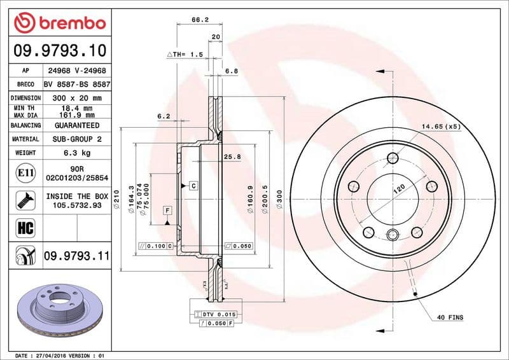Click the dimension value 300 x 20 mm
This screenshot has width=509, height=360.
(x=77, y=98)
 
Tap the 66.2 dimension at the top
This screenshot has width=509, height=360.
(x=200, y=20)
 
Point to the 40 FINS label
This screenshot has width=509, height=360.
(x=450, y=317)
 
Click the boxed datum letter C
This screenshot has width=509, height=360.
(x=193, y=185)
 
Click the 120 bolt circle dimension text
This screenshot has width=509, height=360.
(x=399, y=188)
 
